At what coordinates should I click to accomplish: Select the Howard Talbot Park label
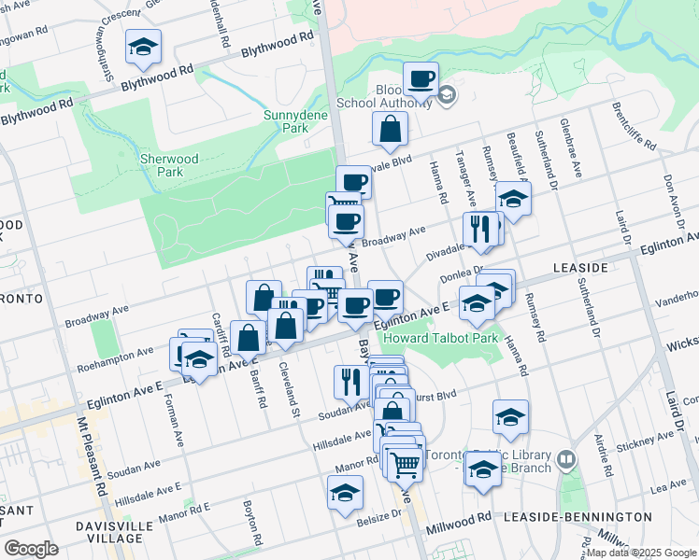click(x=444, y=338)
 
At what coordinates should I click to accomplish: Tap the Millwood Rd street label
click(x=459, y=518)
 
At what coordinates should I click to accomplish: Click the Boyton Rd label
click(x=251, y=524)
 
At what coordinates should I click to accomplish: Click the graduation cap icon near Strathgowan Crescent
click(x=143, y=47)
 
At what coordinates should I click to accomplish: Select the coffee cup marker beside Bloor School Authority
click(x=421, y=78)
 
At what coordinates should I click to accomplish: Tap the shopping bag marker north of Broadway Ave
click(x=389, y=130)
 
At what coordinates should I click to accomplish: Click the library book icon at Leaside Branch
click(x=566, y=460)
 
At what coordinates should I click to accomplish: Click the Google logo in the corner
click(x=31, y=549)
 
